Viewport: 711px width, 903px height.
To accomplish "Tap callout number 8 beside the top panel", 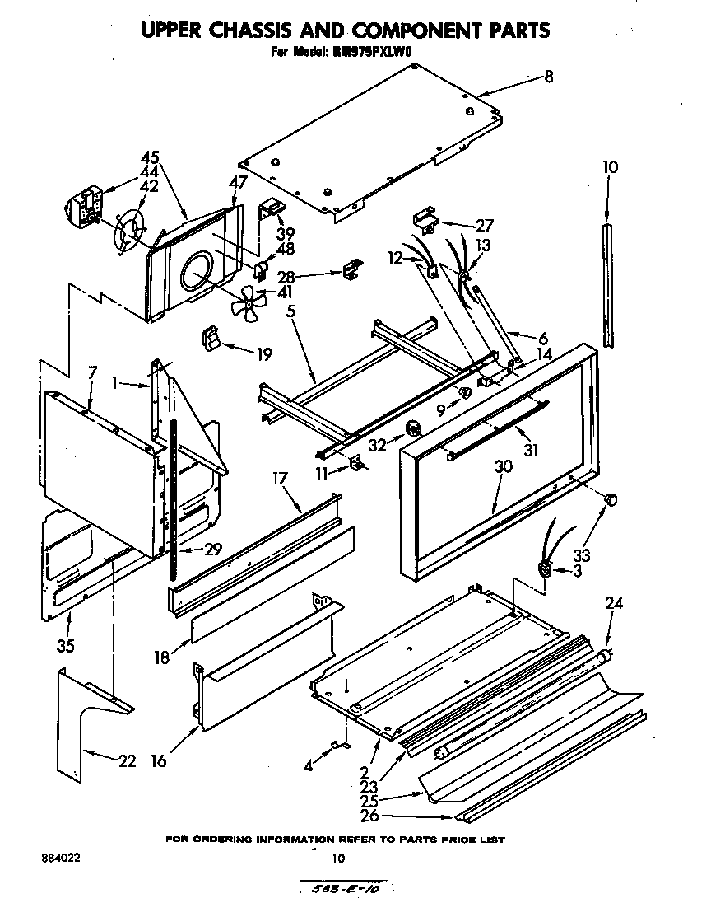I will [548, 77].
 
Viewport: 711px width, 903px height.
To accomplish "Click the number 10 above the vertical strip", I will [610, 167].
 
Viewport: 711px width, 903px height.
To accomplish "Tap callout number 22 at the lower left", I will [126, 760].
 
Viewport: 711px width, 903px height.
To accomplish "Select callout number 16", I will [158, 760].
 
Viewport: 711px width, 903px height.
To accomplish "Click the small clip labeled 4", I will [337, 746].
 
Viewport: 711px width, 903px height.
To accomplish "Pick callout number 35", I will [65, 645].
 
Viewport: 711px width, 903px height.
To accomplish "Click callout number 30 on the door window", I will [503, 466].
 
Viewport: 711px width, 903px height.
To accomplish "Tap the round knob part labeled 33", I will [611, 500].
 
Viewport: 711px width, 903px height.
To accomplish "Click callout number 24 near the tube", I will [614, 603].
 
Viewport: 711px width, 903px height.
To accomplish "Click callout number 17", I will [281, 477].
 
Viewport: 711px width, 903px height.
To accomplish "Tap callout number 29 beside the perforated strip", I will [212, 549].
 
